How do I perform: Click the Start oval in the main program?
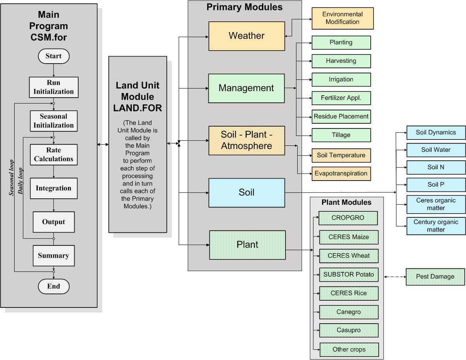coord(53,56)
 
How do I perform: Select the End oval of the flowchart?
coord(53,286)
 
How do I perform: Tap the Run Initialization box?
coord(53,87)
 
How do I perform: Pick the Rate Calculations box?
coord(53,155)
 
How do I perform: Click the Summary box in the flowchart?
coord(53,256)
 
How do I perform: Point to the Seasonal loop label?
coord(11,178)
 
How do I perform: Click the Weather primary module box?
coord(247,36)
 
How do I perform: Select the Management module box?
coord(246,88)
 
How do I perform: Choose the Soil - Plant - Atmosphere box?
coord(247,140)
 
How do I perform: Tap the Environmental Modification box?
coord(342,18)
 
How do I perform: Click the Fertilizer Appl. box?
coord(341,98)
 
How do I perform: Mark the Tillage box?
coord(341,135)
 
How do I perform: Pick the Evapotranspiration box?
coord(341,173)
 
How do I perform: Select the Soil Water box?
coord(436,150)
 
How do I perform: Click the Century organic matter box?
coord(436,226)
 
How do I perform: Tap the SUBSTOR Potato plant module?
coord(349,275)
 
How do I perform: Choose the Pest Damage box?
coord(435,277)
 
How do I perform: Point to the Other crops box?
coord(349,349)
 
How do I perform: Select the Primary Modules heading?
coord(244,7)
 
